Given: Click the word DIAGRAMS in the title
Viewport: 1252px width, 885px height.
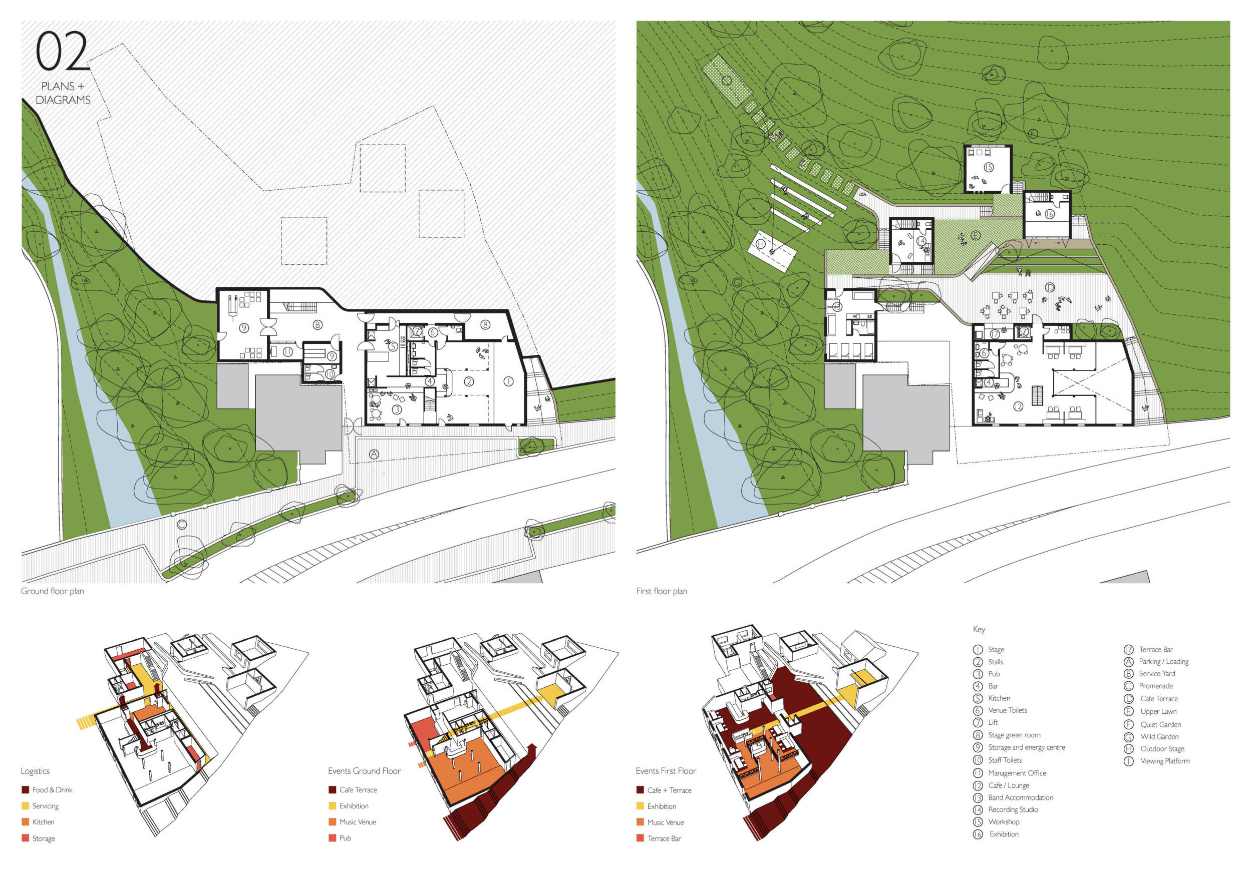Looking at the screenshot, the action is (63, 100).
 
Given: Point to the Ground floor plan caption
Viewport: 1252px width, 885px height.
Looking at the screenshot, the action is (53, 591).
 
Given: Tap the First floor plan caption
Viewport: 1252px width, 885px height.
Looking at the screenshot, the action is (662, 591).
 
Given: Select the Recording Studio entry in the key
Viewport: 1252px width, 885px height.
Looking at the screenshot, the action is (1013, 810).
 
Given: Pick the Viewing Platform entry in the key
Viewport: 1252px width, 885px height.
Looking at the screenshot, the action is (1165, 761).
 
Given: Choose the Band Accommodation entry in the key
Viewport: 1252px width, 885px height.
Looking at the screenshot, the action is (1020, 797).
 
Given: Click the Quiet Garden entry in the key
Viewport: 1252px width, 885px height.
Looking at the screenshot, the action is (1160, 724).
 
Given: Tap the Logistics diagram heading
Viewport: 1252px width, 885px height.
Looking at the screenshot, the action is (35, 771).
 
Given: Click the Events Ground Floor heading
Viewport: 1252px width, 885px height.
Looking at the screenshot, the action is (364, 771).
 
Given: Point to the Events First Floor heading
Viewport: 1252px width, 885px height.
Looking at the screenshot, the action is (666, 771).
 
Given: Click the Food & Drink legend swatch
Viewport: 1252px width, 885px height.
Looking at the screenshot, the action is (25, 789).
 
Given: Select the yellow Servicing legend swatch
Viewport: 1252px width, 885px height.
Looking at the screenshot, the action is (25, 806).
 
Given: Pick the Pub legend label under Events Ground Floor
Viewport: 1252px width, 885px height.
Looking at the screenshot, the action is (345, 838).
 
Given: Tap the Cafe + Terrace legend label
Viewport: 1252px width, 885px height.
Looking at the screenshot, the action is (669, 790).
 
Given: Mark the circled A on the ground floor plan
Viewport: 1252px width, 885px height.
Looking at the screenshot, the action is (374, 454).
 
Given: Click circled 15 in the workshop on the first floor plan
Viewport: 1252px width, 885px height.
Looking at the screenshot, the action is (988, 167).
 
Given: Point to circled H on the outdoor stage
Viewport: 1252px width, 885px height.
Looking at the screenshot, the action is (761, 244).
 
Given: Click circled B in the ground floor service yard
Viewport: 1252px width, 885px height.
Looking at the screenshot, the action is (318, 325).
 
